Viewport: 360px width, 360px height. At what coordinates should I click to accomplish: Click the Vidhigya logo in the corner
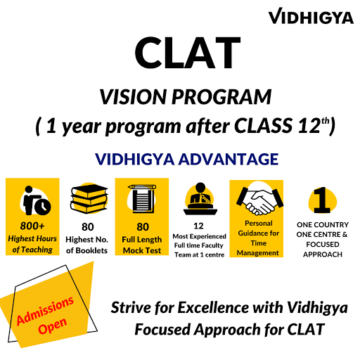(311, 16)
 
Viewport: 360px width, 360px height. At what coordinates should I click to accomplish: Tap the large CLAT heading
(188, 53)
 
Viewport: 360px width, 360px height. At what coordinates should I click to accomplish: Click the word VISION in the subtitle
(133, 96)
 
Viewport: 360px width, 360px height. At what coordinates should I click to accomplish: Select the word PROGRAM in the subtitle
(221, 96)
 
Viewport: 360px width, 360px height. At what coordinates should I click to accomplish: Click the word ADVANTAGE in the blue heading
(229, 159)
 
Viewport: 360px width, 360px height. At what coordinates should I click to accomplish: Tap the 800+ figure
(32, 226)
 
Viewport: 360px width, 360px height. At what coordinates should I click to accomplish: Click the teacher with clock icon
(35, 200)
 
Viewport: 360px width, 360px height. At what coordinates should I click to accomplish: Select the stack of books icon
(89, 198)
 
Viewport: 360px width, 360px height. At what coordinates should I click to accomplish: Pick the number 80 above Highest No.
(88, 227)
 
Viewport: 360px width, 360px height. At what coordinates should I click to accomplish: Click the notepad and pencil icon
(142, 199)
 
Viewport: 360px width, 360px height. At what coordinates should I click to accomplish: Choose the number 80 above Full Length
(143, 227)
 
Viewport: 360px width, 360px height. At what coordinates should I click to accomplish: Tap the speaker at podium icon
(200, 199)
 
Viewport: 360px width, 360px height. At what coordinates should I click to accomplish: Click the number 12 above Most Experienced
(198, 226)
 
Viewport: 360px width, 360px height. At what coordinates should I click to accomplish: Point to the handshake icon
(259, 200)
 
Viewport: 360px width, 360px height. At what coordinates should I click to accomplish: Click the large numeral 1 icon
(322, 200)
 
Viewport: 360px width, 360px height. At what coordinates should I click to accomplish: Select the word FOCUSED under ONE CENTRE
(323, 245)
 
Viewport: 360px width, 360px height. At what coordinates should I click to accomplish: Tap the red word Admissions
(45, 311)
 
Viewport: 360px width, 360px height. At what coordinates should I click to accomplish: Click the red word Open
(53, 326)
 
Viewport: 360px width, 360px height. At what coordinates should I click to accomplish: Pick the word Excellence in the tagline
(213, 307)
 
